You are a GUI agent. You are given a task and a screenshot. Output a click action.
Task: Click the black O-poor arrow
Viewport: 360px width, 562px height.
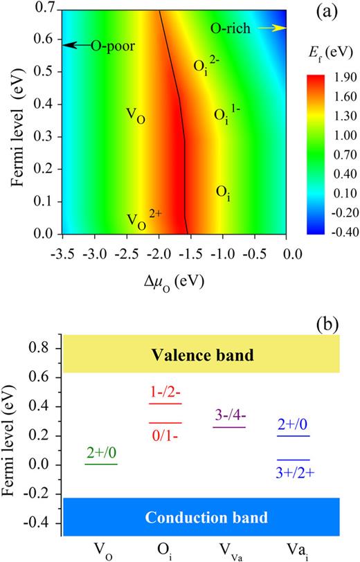coord(73,46)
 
